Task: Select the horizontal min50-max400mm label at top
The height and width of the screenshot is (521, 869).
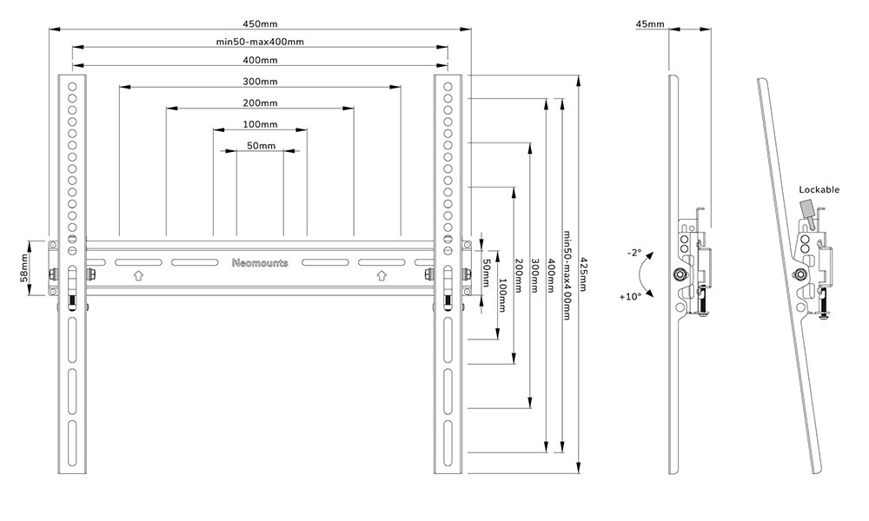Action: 260,42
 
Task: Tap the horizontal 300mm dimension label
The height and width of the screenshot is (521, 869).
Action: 260,82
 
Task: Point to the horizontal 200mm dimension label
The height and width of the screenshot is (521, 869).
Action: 260,102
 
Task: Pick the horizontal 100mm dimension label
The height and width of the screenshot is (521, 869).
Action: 260,124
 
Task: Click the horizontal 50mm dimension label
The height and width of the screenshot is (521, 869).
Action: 260,146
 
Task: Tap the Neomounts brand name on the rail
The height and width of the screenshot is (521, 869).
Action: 260,262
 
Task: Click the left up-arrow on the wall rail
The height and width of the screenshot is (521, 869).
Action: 138,276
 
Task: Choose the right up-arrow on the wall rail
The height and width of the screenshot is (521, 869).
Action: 381,276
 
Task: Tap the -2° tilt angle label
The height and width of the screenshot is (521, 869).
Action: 633,253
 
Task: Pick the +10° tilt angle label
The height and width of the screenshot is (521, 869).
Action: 631,296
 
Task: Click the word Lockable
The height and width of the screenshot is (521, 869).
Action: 819,189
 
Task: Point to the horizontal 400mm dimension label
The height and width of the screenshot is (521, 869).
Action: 260,60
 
